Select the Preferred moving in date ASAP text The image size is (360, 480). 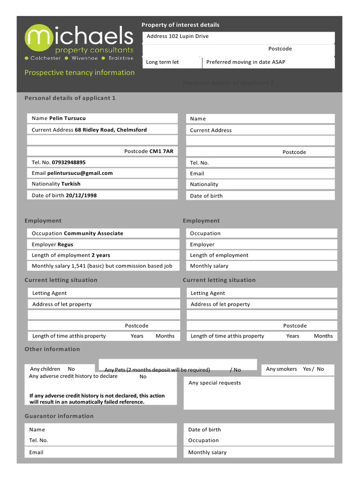click(246, 62)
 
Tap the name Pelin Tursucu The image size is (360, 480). click(67, 119)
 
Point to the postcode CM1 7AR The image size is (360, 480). click(161, 151)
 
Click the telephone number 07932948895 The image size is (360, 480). click(68, 163)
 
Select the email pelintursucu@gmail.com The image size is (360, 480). click(80, 173)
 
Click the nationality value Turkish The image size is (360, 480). click(71, 184)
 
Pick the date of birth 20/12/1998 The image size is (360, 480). click(81, 195)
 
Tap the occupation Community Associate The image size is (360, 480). click(93, 233)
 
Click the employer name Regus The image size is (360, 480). click(65, 245)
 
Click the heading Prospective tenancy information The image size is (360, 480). click(79, 73)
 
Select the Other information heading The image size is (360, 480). click(52, 349)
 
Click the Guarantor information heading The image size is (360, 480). click(59, 416)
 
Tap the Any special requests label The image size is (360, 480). click(214, 383)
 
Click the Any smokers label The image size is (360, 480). click(281, 369)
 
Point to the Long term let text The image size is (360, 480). click(162, 62)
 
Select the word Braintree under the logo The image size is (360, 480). click(120, 59)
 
